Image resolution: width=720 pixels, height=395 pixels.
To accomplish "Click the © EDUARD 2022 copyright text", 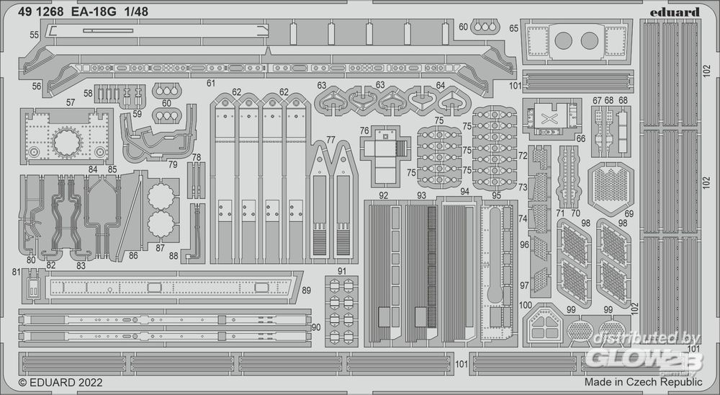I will point(60,383).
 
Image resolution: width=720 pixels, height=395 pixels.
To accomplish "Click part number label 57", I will point(70,103).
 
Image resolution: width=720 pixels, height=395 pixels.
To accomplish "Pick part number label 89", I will point(307,290).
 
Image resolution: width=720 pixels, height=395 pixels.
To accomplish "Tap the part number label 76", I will point(364,131).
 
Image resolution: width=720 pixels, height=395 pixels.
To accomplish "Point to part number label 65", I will point(513,28).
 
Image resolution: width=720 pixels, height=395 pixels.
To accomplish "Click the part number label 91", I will point(343,271).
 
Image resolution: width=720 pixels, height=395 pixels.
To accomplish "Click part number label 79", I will point(173,164).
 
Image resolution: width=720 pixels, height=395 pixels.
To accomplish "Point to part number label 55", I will point(35,35).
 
